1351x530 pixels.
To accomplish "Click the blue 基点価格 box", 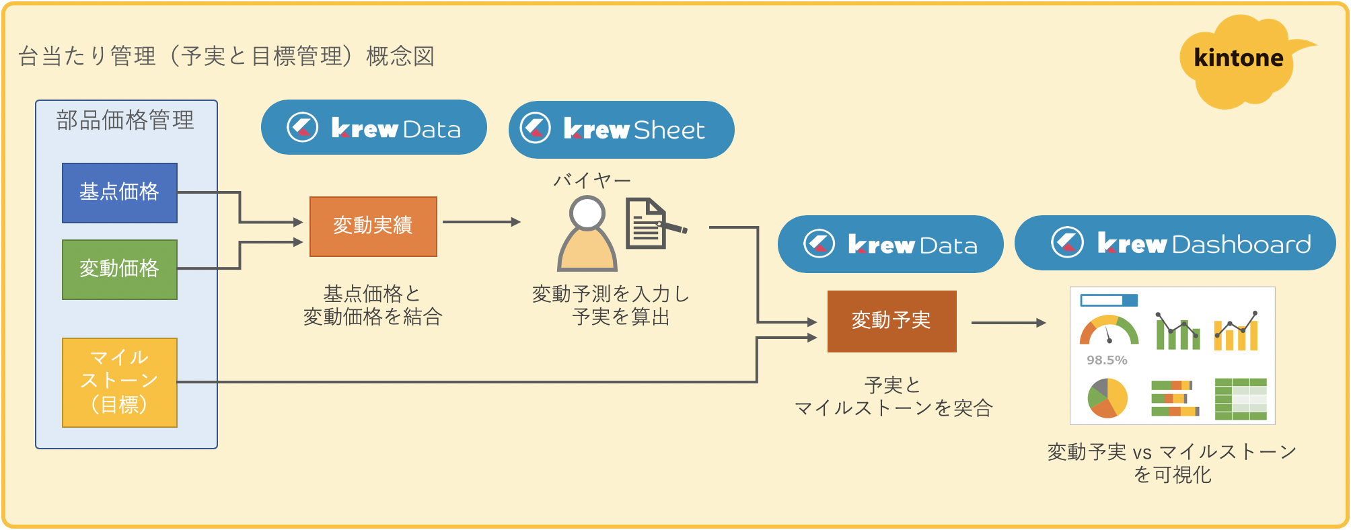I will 120,193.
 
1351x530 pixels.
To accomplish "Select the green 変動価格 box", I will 120,270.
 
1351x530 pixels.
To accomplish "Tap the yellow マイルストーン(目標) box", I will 120,382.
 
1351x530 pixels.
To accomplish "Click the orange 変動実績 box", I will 373,227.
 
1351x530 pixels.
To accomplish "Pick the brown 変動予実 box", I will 891,321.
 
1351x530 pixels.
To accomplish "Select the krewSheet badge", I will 621,130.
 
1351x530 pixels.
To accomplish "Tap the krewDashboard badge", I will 1175,243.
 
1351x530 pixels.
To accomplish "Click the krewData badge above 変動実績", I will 373,128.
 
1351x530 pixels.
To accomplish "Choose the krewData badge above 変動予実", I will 890,244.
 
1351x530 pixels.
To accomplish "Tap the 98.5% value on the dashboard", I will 1107,361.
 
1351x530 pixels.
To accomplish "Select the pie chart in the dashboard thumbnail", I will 1107,397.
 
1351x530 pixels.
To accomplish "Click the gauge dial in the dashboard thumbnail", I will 1109,330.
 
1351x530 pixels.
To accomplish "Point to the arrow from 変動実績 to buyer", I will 481,222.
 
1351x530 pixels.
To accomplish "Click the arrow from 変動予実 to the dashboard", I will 1008,323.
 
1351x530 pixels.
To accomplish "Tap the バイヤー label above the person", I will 592,180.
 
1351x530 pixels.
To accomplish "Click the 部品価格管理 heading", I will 125,120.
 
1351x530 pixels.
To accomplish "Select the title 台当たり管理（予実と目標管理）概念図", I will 227,56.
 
